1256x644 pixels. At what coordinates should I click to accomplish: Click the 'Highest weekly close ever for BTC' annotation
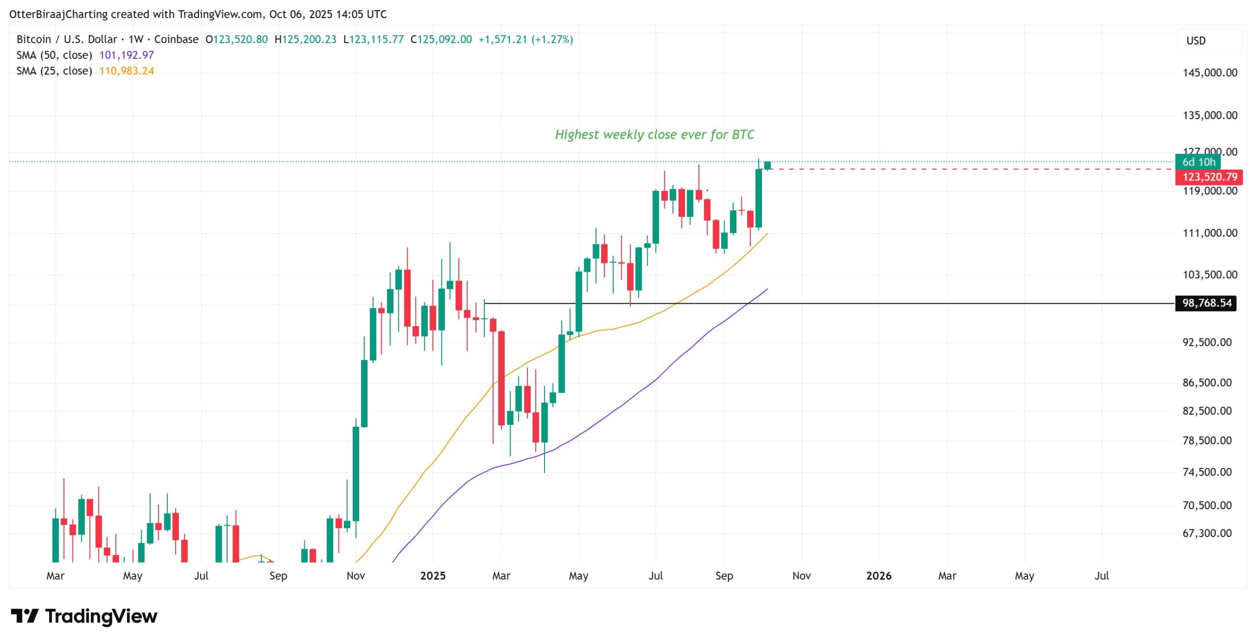pyautogui.click(x=654, y=134)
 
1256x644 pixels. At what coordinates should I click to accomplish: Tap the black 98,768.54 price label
pyautogui.click(x=1206, y=303)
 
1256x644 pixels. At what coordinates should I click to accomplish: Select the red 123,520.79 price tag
pyautogui.click(x=1209, y=177)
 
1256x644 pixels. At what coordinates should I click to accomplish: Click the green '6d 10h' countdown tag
pyautogui.click(x=1198, y=162)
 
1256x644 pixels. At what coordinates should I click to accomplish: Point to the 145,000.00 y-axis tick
pyautogui.click(x=1210, y=73)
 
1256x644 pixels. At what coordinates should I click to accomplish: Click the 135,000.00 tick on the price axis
pyautogui.click(x=1210, y=115)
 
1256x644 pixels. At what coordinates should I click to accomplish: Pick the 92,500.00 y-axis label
pyautogui.click(x=1207, y=342)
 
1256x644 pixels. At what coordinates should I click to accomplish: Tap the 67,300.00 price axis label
pyautogui.click(x=1207, y=533)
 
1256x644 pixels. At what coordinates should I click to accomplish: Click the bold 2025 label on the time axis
pyautogui.click(x=433, y=576)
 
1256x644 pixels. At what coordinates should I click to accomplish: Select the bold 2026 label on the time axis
pyautogui.click(x=879, y=576)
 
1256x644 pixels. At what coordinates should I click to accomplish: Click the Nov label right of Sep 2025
pyautogui.click(x=802, y=576)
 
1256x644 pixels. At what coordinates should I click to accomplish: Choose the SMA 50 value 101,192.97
pyautogui.click(x=127, y=55)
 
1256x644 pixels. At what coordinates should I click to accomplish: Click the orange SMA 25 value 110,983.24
pyautogui.click(x=127, y=71)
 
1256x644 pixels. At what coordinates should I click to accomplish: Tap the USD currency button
pyautogui.click(x=1196, y=41)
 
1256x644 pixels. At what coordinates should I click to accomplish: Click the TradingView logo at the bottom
pyautogui.click(x=84, y=616)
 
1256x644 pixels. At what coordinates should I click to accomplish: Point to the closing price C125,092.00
pyautogui.click(x=441, y=39)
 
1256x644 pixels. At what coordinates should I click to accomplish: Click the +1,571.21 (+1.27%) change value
pyautogui.click(x=525, y=39)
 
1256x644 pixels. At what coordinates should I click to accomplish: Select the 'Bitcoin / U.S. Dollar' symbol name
pyautogui.click(x=67, y=39)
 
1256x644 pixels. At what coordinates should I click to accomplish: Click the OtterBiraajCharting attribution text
pyautogui.click(x=58, y=14)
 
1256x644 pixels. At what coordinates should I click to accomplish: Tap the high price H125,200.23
pyautogui.click(x=305, y=39)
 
